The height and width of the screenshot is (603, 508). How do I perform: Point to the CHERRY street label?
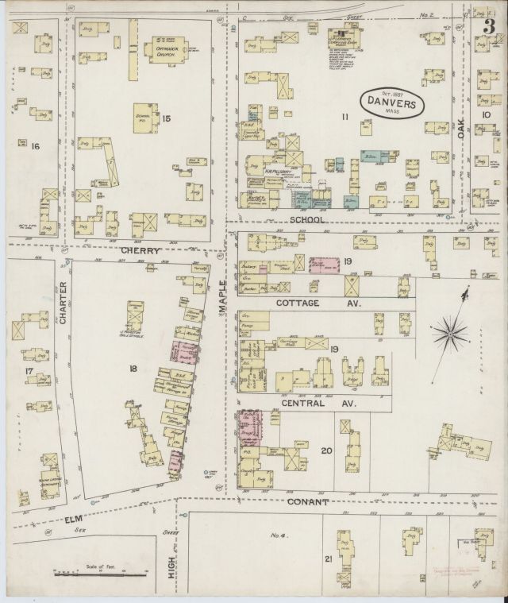(141, 251)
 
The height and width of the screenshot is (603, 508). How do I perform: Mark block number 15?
(166, 118)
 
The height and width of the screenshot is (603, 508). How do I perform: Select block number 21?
(327, 559)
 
